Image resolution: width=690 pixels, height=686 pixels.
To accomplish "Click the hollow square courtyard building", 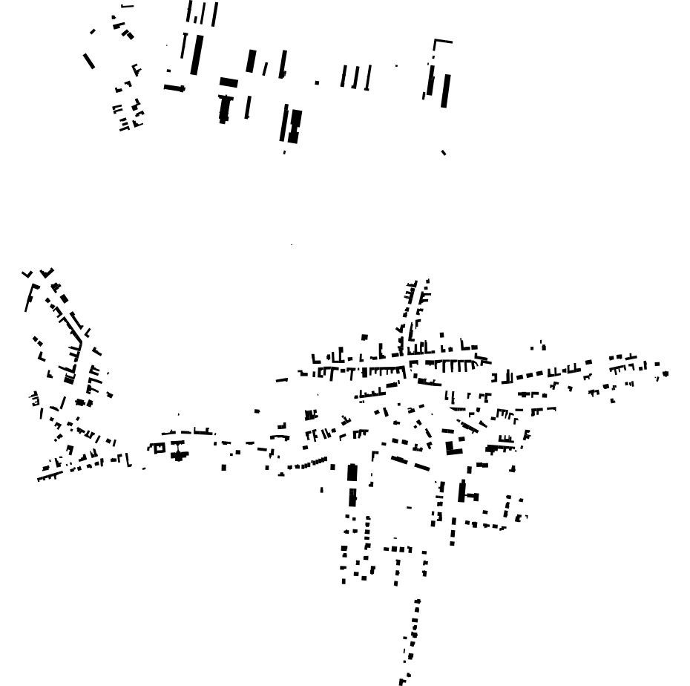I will click(x=157, y=448).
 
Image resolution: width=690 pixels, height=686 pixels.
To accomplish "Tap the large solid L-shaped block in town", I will click(x=452, y=448).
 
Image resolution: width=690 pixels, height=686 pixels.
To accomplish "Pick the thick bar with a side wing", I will click(x=463, y=492).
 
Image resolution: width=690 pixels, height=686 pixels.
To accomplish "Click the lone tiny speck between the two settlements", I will click(x=292, y=244).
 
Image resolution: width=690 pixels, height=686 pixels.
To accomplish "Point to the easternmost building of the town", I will click(x=666, y=373).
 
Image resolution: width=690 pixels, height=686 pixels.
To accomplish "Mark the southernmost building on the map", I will click(x=402, y=681).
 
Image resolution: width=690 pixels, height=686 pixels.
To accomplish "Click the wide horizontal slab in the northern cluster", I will click(x=229, y=82).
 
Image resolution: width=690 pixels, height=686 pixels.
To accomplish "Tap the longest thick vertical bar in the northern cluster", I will click(x=197, y=55).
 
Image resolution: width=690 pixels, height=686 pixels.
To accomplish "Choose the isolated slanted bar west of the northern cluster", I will click(x=89, y=61).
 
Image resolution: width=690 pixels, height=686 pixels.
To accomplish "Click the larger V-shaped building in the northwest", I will click(x=47, y=273).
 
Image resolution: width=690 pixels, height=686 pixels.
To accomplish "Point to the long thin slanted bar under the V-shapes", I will click(x=30, y=297).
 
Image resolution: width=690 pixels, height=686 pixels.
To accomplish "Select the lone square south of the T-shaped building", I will click(x=224, y=467).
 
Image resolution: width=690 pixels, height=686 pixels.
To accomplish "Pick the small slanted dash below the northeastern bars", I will click(x=444, y=152).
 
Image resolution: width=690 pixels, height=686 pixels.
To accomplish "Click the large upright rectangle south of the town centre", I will click(x=352, y=475).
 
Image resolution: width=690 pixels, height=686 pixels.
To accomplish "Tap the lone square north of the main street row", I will click(x=364, y=337).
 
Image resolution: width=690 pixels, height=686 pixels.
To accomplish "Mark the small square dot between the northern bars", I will click(x=318, y=82).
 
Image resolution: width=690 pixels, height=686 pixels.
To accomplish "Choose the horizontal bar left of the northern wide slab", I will click(x=174, y=88).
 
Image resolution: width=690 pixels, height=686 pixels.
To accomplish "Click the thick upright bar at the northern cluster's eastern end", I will click(x=445, y=91).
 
